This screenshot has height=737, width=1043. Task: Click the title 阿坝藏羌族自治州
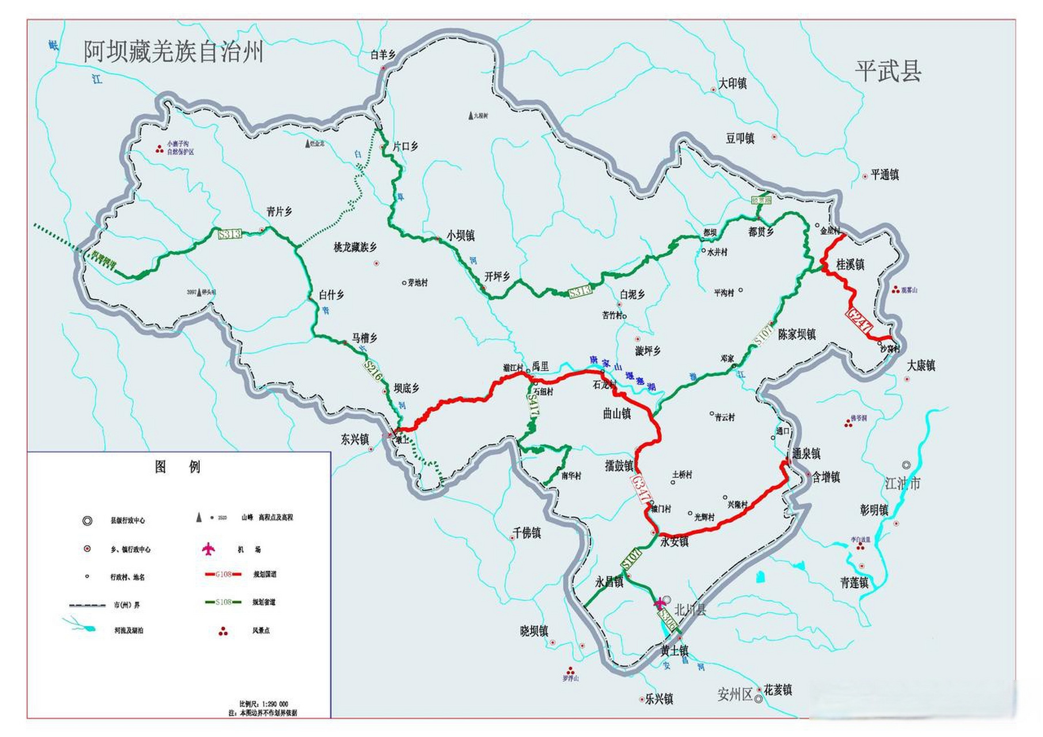(x=173, y=52)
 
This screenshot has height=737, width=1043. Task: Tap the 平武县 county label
(x=888, y=72)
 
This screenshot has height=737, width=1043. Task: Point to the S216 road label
(x=373, y=371)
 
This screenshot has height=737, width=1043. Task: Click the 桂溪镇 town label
(x=850, y=264)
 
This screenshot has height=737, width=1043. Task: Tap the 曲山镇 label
(x=616, y=413)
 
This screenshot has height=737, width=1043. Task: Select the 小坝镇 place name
(x=460, y=235)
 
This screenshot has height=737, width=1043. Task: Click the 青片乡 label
(x=279, y=212)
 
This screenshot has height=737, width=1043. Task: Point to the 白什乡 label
(x=332, y=295)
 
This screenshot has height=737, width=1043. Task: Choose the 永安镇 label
(x=674, y=541)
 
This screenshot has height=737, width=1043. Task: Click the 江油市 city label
(x=903, y=483)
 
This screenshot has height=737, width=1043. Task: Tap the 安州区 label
(x=734, y=694)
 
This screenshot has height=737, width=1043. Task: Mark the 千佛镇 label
(x=527, y=533)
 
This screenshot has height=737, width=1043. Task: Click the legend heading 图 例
(x=177, y=466)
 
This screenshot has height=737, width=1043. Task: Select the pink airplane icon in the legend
(x=208, y=549)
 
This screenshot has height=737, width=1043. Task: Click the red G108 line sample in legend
(x=223, y=574)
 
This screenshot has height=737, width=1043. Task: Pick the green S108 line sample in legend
(x=223, y=602)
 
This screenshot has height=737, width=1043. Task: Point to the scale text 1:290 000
(x=263, y=704)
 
